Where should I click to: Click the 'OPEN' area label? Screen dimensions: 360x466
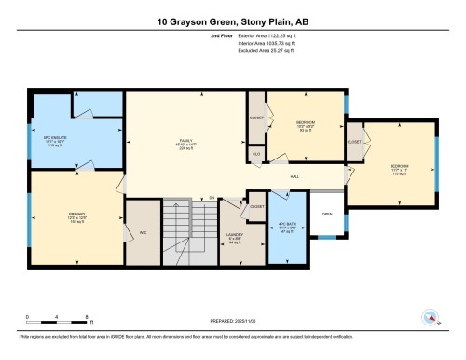click(326, 213)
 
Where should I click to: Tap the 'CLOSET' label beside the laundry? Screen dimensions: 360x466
click(257, 207)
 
